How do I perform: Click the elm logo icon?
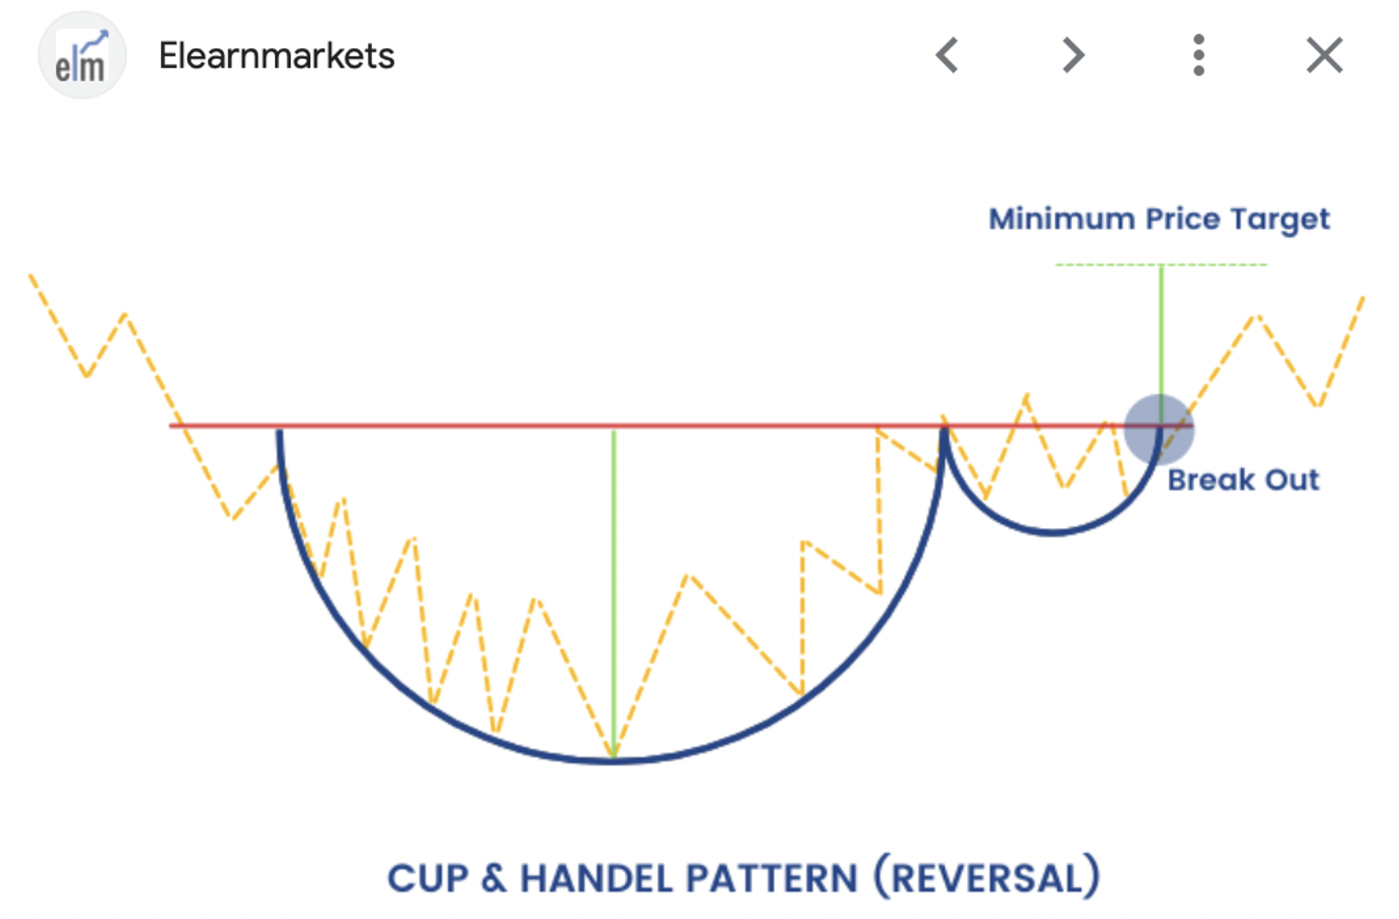point(82,55)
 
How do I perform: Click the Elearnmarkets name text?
point(276,56)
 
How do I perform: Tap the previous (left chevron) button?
point(947,55)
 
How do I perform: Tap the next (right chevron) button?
point(1072,55)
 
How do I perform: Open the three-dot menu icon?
point(1198,55)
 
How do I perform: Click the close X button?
point(1325,55)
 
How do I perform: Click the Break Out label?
point(1243,480)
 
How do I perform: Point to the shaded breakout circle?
point(1159,429)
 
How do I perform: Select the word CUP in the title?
point(428,879)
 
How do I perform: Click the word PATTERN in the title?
point(772,879)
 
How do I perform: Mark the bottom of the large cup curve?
point(612,760)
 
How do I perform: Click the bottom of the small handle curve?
point(1053,532)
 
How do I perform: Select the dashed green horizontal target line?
point(1161,264)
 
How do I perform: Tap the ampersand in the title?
point(494,879)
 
